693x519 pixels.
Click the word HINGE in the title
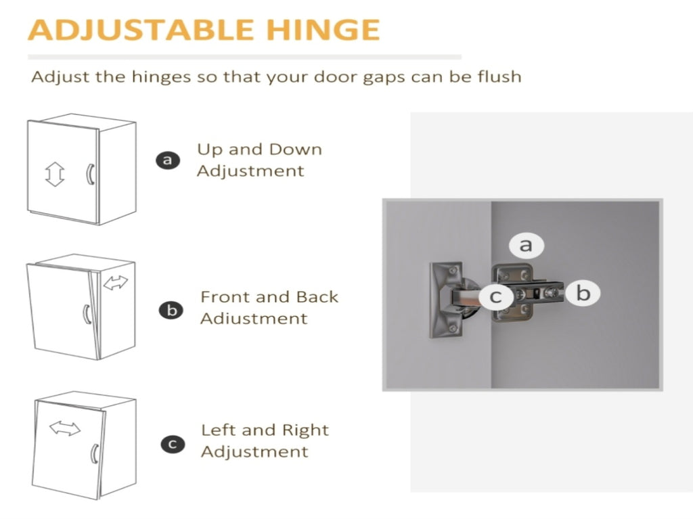click(322, 30)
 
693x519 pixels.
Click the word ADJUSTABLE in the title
click(141, 30)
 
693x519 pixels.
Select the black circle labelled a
click(168, 160)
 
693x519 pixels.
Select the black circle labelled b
click(171, 310)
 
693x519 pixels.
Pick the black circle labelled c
click(173, 444)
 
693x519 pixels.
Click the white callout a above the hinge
click(526, 244)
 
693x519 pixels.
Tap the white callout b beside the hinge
click(583, 292)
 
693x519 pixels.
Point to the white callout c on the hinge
click(496, 296)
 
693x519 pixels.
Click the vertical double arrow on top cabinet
click(55, 174)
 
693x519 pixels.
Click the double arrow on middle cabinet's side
click(115, 282)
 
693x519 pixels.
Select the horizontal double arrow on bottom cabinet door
click(65, 428)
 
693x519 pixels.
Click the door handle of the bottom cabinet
click(94, 454)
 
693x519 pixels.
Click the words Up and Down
click(259, 150)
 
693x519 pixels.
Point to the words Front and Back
click(269, 296)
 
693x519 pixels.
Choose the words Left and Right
click(265, 430)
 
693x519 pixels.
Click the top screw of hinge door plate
click(452, 269)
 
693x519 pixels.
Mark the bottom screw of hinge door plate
click(453, 328)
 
